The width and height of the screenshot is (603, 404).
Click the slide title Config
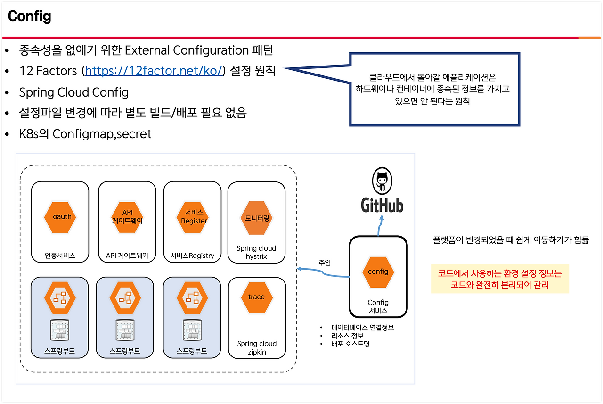[29, 17]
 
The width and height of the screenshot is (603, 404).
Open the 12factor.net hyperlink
[154, 71]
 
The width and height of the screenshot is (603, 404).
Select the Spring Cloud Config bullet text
[73, 92]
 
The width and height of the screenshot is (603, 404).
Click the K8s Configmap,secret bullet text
[85, 134]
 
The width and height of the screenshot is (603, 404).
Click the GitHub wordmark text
[382, 205]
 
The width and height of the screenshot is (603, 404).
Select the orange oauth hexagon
[60, 217]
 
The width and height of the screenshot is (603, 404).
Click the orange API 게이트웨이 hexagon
[127, 217]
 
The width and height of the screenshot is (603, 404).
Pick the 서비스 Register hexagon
[194, 217]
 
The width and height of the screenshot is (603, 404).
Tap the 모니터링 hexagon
[257, 218]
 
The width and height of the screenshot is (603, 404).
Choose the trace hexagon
[256, 297]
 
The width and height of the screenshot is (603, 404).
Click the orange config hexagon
[378, 272]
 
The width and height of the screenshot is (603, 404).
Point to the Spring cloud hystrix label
[256, 252]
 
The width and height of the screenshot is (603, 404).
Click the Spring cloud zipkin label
[257, 348]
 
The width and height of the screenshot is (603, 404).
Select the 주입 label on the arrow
[325, 262]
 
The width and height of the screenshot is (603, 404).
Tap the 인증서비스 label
[60, 256]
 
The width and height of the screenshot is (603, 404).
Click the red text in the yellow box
[500, 279]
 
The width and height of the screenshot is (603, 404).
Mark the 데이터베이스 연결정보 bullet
[362, 327]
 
